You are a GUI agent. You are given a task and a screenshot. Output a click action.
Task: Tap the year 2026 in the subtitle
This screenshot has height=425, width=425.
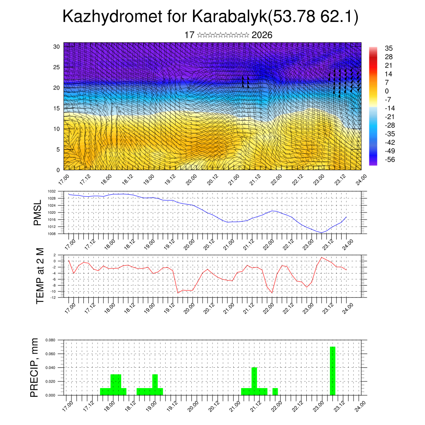pyautogui.click(x=262, y=35)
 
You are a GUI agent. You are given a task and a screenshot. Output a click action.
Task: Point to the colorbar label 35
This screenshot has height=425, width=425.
pyautogui.click(x=389, y=48)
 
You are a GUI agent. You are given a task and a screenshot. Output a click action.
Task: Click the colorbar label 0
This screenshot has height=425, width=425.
pyautogui.click(x=387, y=91)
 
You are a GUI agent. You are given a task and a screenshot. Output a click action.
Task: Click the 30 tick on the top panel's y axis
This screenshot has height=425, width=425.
pyautogui.click(x=57, y=46)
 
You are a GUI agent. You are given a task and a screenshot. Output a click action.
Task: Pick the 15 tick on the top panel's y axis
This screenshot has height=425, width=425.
pyautogui.click(x=57, y=108)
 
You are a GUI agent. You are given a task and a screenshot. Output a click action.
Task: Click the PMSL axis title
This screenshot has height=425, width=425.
pyautogui.click(x=38, y=212)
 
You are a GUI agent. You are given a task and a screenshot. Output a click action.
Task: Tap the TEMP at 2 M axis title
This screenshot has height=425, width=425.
pyautogui.click(x=40, y=276)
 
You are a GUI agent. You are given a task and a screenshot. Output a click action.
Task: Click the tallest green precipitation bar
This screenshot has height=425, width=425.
pyautogui.click(x=332, y=371)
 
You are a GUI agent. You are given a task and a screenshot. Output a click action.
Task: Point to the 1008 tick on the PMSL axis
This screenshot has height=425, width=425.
pyautogui.click(x=51, y=234)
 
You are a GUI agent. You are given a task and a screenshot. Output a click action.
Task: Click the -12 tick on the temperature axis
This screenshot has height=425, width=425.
pyautogui.click(x=53, y=297)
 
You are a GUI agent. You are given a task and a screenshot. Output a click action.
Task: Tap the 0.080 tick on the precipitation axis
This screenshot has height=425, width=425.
pyautogui.click(x=50, y=340)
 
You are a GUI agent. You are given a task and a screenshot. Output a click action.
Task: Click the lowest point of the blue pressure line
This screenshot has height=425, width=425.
pyautogui.click(x=321, y=232)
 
